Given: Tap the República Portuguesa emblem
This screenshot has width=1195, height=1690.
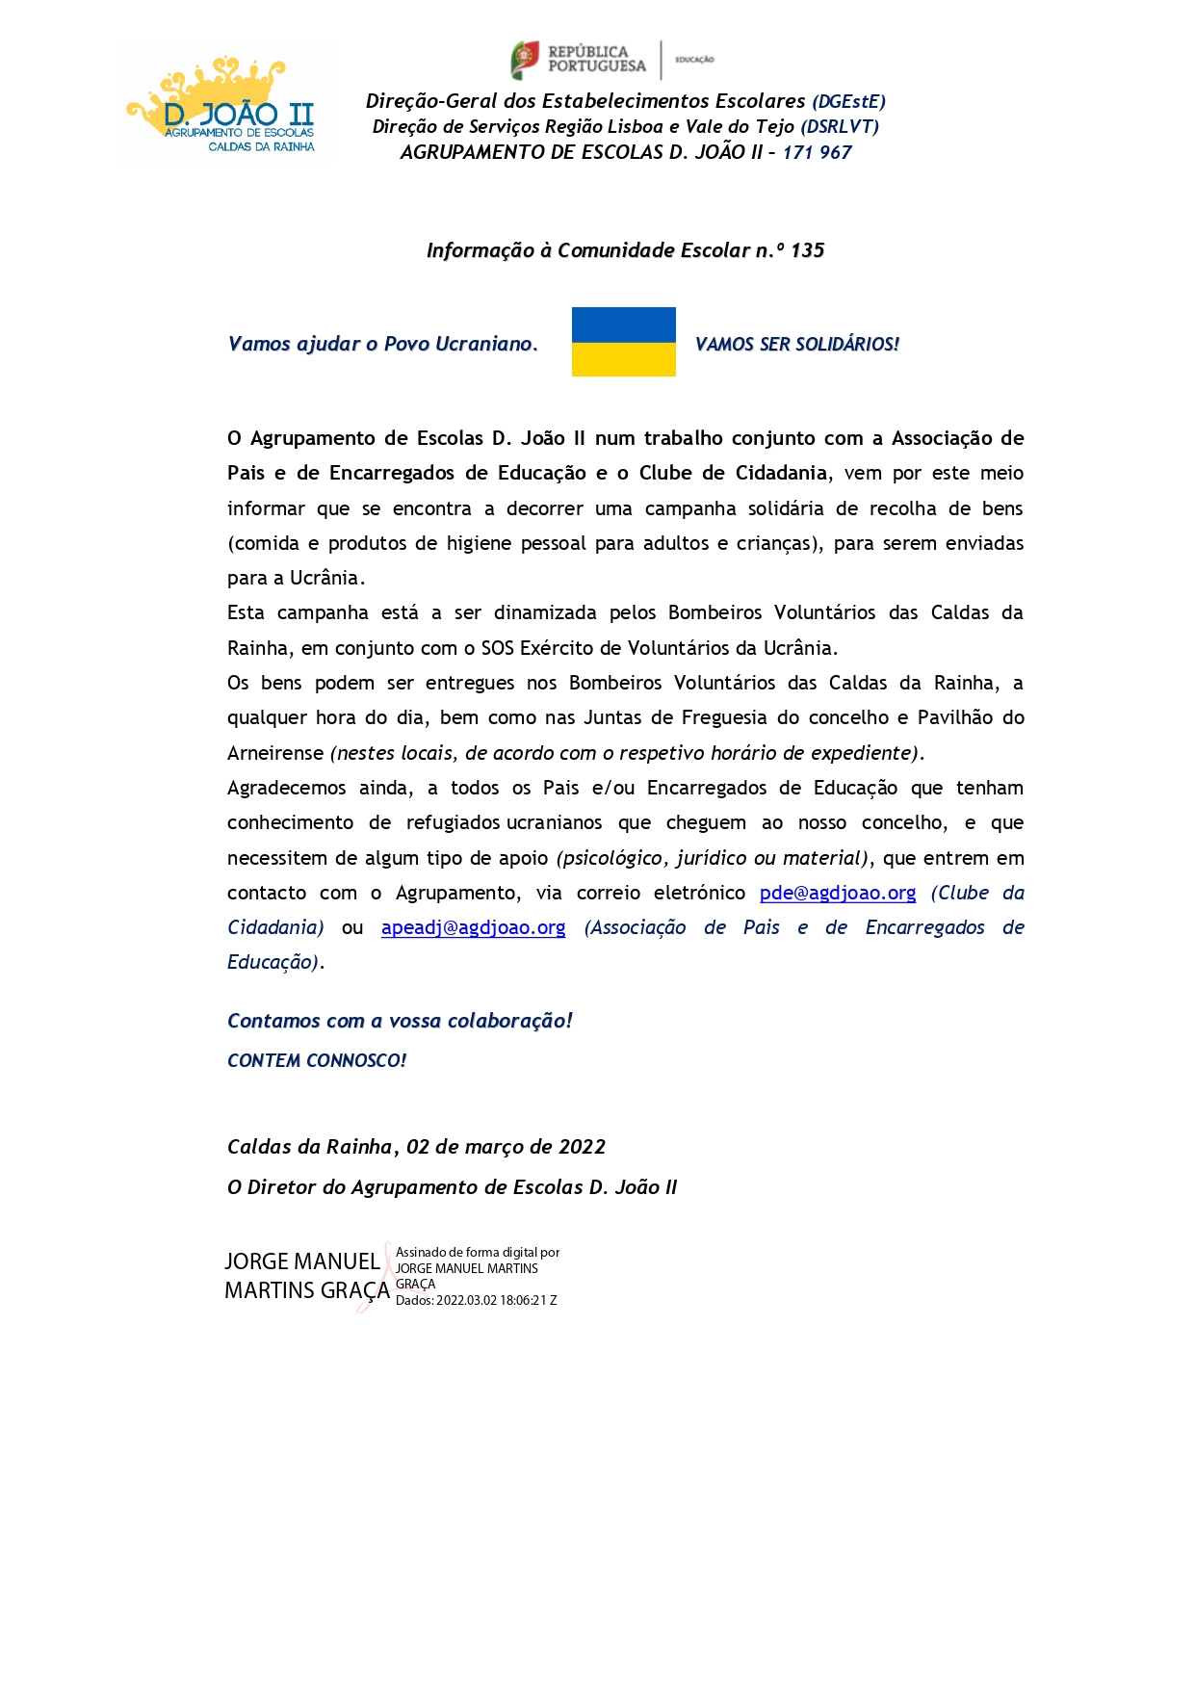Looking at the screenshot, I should [x=525, y=60].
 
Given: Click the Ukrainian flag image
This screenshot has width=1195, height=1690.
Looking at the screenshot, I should [x=623, y=342].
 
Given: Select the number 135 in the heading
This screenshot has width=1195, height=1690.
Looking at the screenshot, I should [x=807, y=250].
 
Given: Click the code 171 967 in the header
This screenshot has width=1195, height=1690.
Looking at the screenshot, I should [x=817, y=152].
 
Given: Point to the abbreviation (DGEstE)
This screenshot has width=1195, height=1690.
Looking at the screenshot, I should [x=848, y=101].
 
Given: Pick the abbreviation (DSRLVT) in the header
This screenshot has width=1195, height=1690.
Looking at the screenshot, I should [x=839, y=126].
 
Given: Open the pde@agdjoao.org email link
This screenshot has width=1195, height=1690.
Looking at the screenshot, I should [x=838, y=893].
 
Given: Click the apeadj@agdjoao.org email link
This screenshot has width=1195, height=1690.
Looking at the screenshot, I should [x=473, y=927].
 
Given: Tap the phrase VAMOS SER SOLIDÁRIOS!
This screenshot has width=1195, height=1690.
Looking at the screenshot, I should [x=796, y=344].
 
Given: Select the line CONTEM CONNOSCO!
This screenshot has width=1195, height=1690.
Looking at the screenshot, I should [x=317, y=1060].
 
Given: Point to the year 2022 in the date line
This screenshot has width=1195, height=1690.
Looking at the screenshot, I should [x=582, y=1147].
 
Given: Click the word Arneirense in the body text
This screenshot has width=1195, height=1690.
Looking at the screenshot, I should [x=275, y=753].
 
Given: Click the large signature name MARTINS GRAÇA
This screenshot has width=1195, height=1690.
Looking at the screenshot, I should [x=307, y=1290].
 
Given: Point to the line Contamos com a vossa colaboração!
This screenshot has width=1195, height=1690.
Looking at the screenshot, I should [x=400, y=1021].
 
